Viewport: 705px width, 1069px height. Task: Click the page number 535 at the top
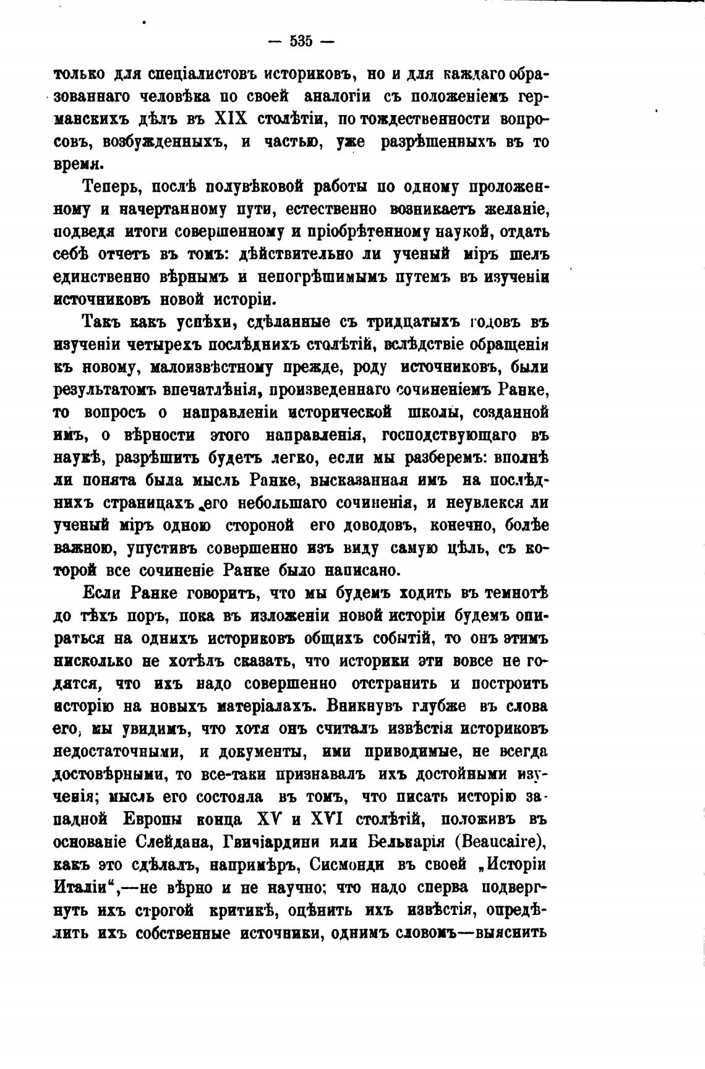tap(301, 42)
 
